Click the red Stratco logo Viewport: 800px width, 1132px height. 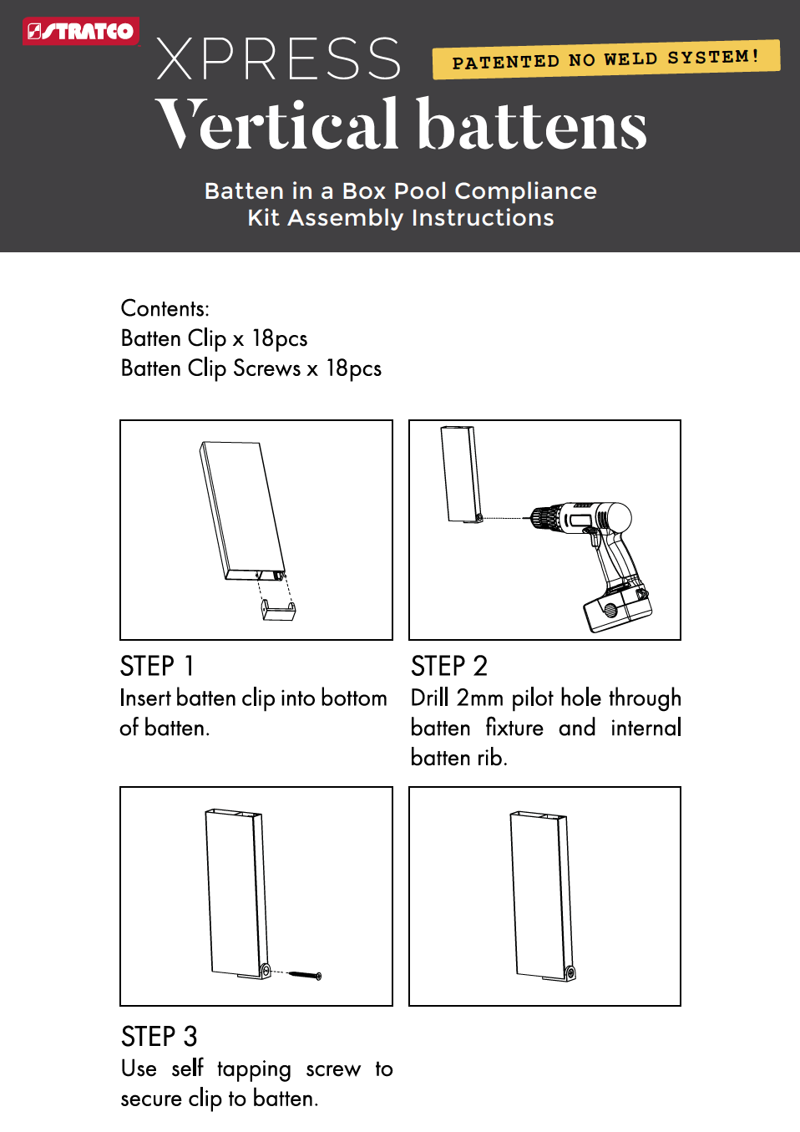(80, 31)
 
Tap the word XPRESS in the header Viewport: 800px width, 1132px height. (279, 59)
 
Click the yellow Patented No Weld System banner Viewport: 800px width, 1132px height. (605, 59)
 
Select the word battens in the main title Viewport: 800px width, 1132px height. (531, 125)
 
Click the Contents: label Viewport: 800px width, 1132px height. (165, 308)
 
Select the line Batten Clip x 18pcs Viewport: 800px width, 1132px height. (214, 338)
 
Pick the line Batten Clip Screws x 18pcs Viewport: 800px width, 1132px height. (251, 368)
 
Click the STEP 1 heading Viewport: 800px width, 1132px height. (157, 666)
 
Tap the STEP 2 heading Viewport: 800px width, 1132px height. (448, 666)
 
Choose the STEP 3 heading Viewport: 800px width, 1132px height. (159, 1037)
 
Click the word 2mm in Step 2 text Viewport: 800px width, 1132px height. (479, 698)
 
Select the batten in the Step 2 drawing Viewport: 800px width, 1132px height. (461, 474)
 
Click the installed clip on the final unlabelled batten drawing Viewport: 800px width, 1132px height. (570, 972)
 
